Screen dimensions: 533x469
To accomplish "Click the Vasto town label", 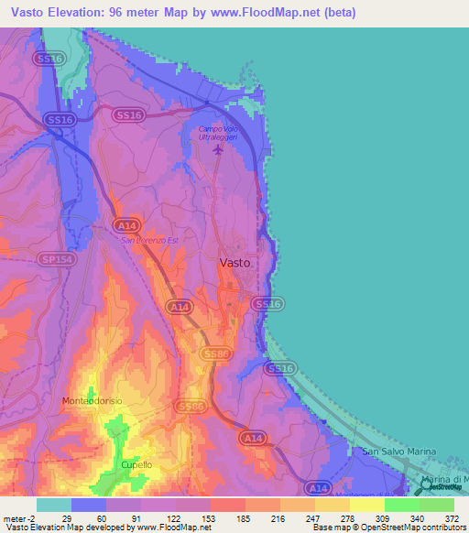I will [234, 262].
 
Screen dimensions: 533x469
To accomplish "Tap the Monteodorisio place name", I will [93, 401].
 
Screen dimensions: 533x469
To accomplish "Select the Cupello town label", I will [136, 465].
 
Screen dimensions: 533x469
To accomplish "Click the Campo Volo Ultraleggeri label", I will [217, 133].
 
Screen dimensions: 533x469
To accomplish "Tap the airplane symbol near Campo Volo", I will [217, 149].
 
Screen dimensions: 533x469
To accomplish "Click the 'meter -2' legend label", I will [18, 517].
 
